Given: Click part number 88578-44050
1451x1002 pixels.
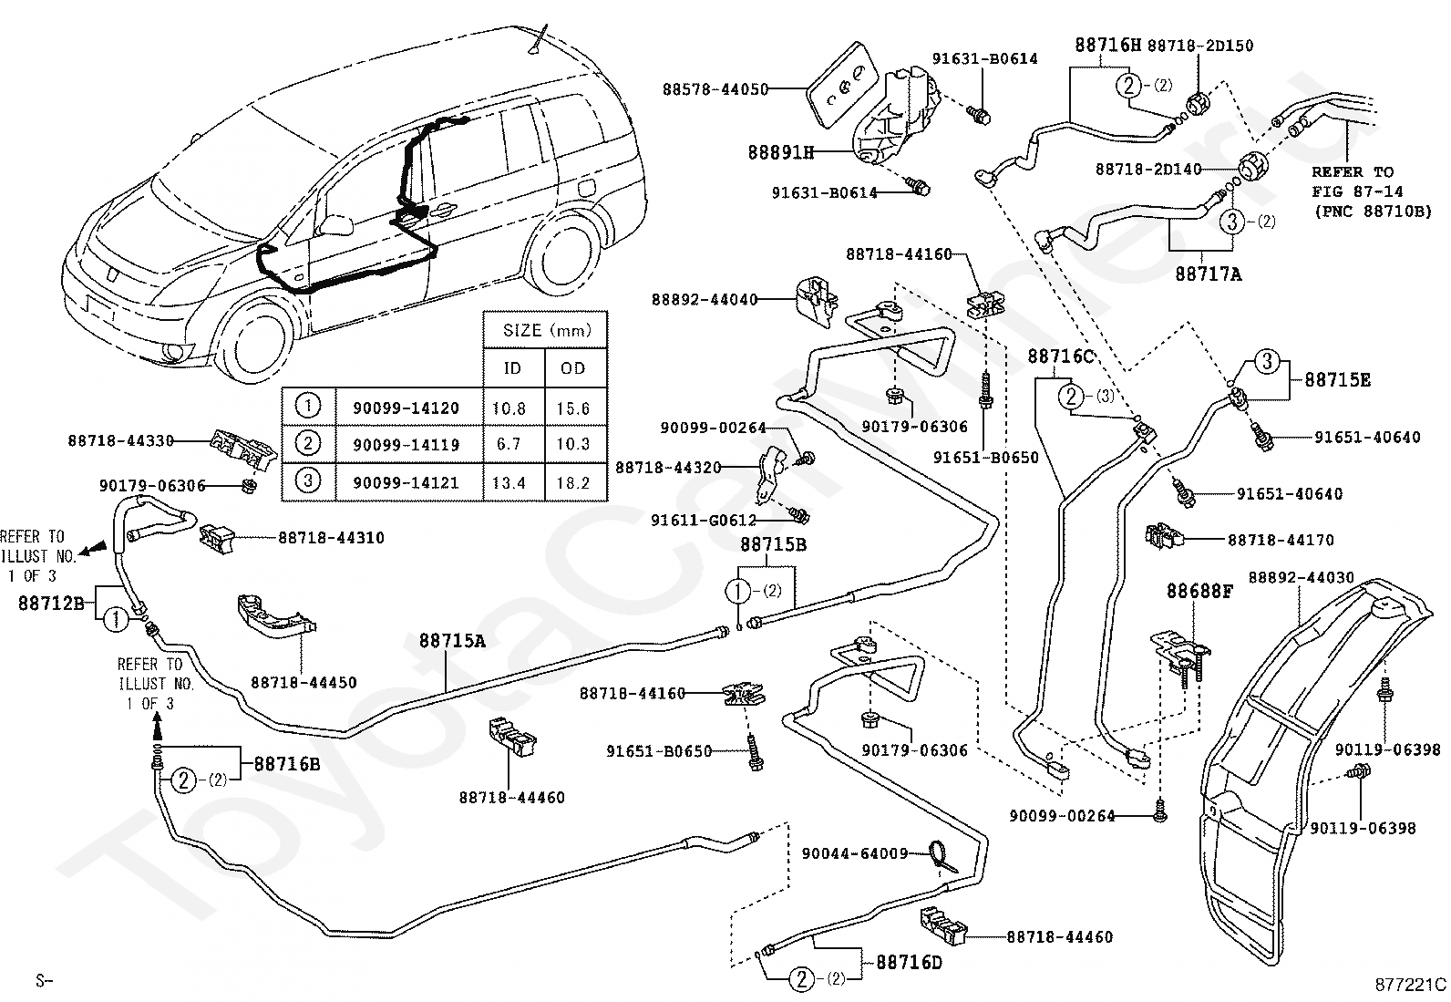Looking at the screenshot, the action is (715, 88).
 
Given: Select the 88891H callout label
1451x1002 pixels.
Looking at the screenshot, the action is (780, 152).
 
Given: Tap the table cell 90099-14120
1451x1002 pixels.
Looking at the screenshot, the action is (406, 408).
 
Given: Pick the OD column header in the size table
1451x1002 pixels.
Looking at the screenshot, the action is (572, 368).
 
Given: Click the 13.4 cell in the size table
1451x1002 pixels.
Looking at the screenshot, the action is (509, 483).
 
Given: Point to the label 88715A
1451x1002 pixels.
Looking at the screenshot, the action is (452, 641).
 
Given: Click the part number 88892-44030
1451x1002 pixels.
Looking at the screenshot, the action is (1302, 577).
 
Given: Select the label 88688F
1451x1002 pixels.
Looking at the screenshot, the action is (1199, 591).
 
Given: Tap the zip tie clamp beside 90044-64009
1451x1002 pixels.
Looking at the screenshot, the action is (941, 855).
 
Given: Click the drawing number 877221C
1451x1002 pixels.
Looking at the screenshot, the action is (1411, 985).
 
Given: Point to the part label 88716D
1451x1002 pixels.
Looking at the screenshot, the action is (909, 963).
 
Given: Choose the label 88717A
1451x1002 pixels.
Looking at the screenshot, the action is (1209, 274).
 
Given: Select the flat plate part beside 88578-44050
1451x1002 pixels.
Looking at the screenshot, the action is (840, 88).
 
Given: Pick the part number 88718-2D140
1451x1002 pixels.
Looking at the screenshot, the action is (1148, 170).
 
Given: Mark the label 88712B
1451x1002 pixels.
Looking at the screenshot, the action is (51, 604).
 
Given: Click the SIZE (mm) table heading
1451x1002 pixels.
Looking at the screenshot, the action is (548, 331).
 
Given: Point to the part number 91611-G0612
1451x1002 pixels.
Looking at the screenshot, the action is (704, 520).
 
